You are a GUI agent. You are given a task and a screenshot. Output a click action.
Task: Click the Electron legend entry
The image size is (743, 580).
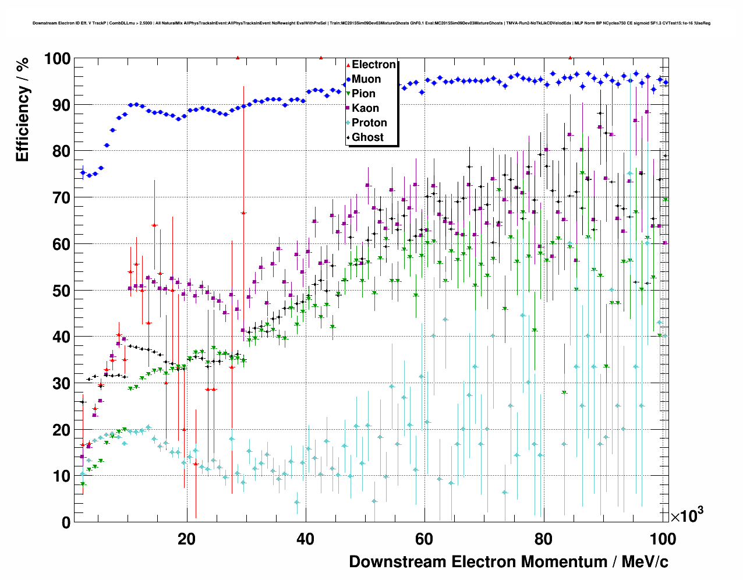[x=373, y=65]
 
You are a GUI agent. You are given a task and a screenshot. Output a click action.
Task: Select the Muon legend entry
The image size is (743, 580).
[x=366, y=79]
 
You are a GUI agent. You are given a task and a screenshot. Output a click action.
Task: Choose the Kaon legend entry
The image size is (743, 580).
[x=365, y=108]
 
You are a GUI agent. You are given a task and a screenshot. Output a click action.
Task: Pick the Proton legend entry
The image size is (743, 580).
[x=369, y=123]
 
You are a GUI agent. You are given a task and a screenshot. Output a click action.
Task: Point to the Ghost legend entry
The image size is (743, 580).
[x=367, y=137]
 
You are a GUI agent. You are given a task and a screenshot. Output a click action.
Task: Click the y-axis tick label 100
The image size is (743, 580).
[x=57, y=58]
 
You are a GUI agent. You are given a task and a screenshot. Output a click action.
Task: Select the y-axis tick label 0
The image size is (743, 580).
[x=66, y=523]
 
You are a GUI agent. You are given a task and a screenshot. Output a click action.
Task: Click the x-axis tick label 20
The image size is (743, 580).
[x=186, y=539]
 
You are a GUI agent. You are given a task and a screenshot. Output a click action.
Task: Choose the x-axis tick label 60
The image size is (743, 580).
[x=424, y=539]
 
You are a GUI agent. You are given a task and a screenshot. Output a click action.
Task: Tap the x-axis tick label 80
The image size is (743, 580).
[x=543, y=539]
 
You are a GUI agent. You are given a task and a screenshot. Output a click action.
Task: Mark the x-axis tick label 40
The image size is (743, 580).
[x=305, y=539]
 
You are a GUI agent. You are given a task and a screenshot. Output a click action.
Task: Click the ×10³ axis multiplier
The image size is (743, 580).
[x=687, y=515]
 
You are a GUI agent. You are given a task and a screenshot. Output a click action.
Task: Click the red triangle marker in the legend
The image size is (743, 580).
[x=348, y=65]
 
